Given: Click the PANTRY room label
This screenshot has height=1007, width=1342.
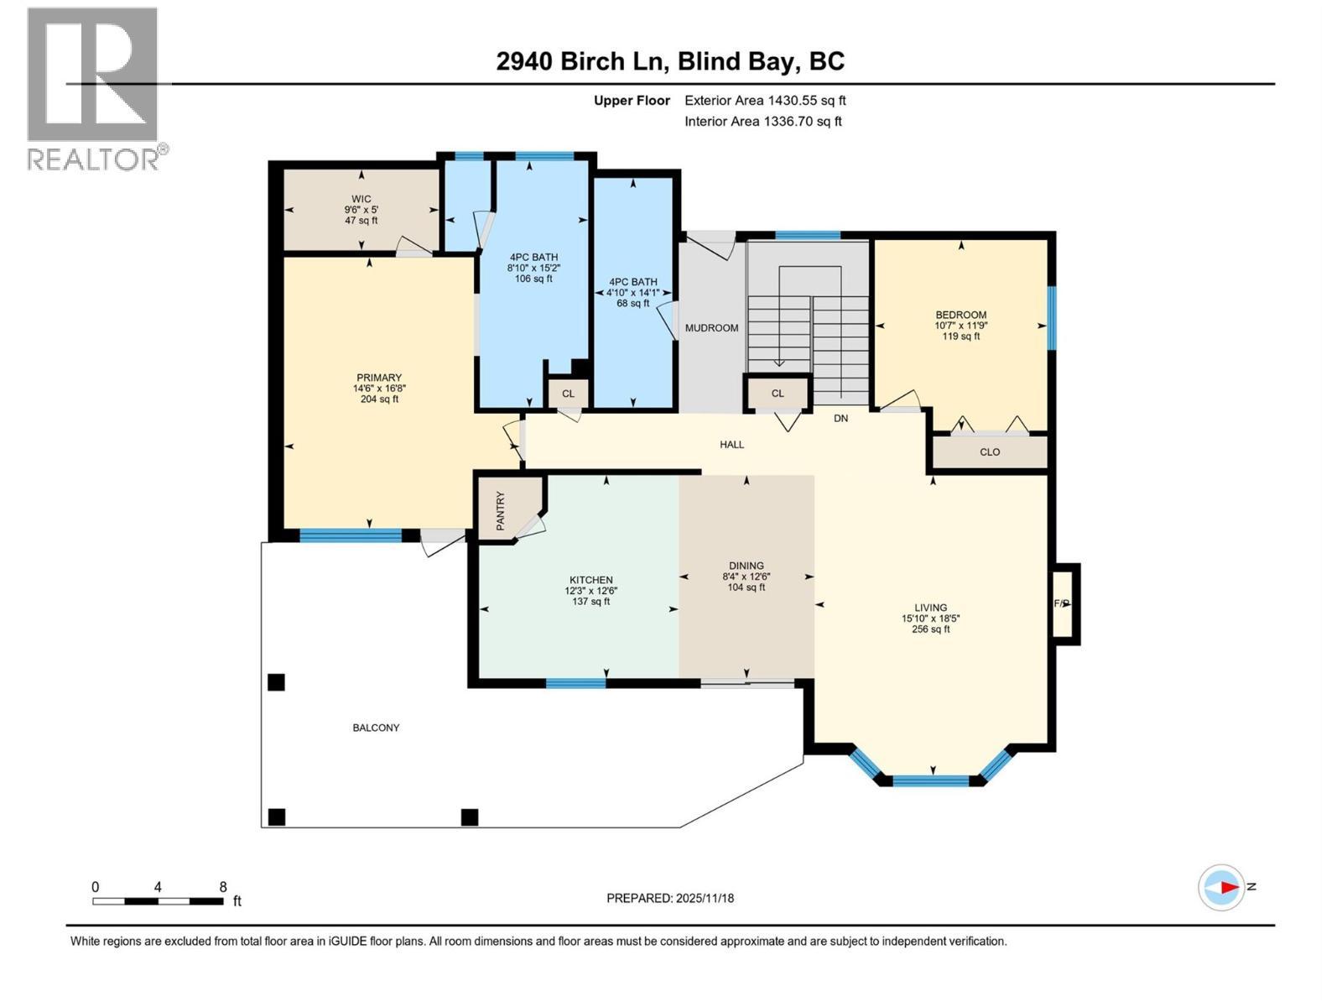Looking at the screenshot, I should click(x=501, y=511).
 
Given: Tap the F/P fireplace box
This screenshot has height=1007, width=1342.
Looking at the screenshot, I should click(x=1062, y=603).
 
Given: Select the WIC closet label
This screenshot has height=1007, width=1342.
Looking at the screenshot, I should click(x=361, y=199).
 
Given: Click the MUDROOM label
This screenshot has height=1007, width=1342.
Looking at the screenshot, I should click(x=711, y=328).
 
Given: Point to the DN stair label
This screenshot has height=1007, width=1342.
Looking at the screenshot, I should click(x=840, y=418).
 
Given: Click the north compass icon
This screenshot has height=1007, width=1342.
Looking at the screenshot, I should click(x=1221, y=887).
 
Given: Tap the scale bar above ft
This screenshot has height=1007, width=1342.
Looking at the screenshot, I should click(x=158, y=901).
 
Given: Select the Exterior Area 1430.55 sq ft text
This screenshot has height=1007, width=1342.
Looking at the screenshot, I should click(x=765, y=101).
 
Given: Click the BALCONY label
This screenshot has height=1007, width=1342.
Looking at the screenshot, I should click(x=376, y=728).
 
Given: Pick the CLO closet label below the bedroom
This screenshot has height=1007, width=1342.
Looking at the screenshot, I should click(x=990, y=452).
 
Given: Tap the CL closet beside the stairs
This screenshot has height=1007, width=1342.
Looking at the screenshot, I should click(x=778, y=394).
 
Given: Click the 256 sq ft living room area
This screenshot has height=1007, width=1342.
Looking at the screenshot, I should click(x=930, y=629).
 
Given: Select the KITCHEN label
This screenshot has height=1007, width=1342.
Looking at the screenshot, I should click(x=590, y=580).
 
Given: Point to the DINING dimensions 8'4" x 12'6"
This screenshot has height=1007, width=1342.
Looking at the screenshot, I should click(x=746, y=577).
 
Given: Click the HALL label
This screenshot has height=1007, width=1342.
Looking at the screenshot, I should click(x=731, y=445).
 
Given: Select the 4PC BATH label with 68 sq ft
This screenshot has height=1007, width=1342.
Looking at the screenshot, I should click(x=632, y=282).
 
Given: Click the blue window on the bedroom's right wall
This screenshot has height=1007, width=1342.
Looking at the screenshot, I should click(x=1052, y=317).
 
